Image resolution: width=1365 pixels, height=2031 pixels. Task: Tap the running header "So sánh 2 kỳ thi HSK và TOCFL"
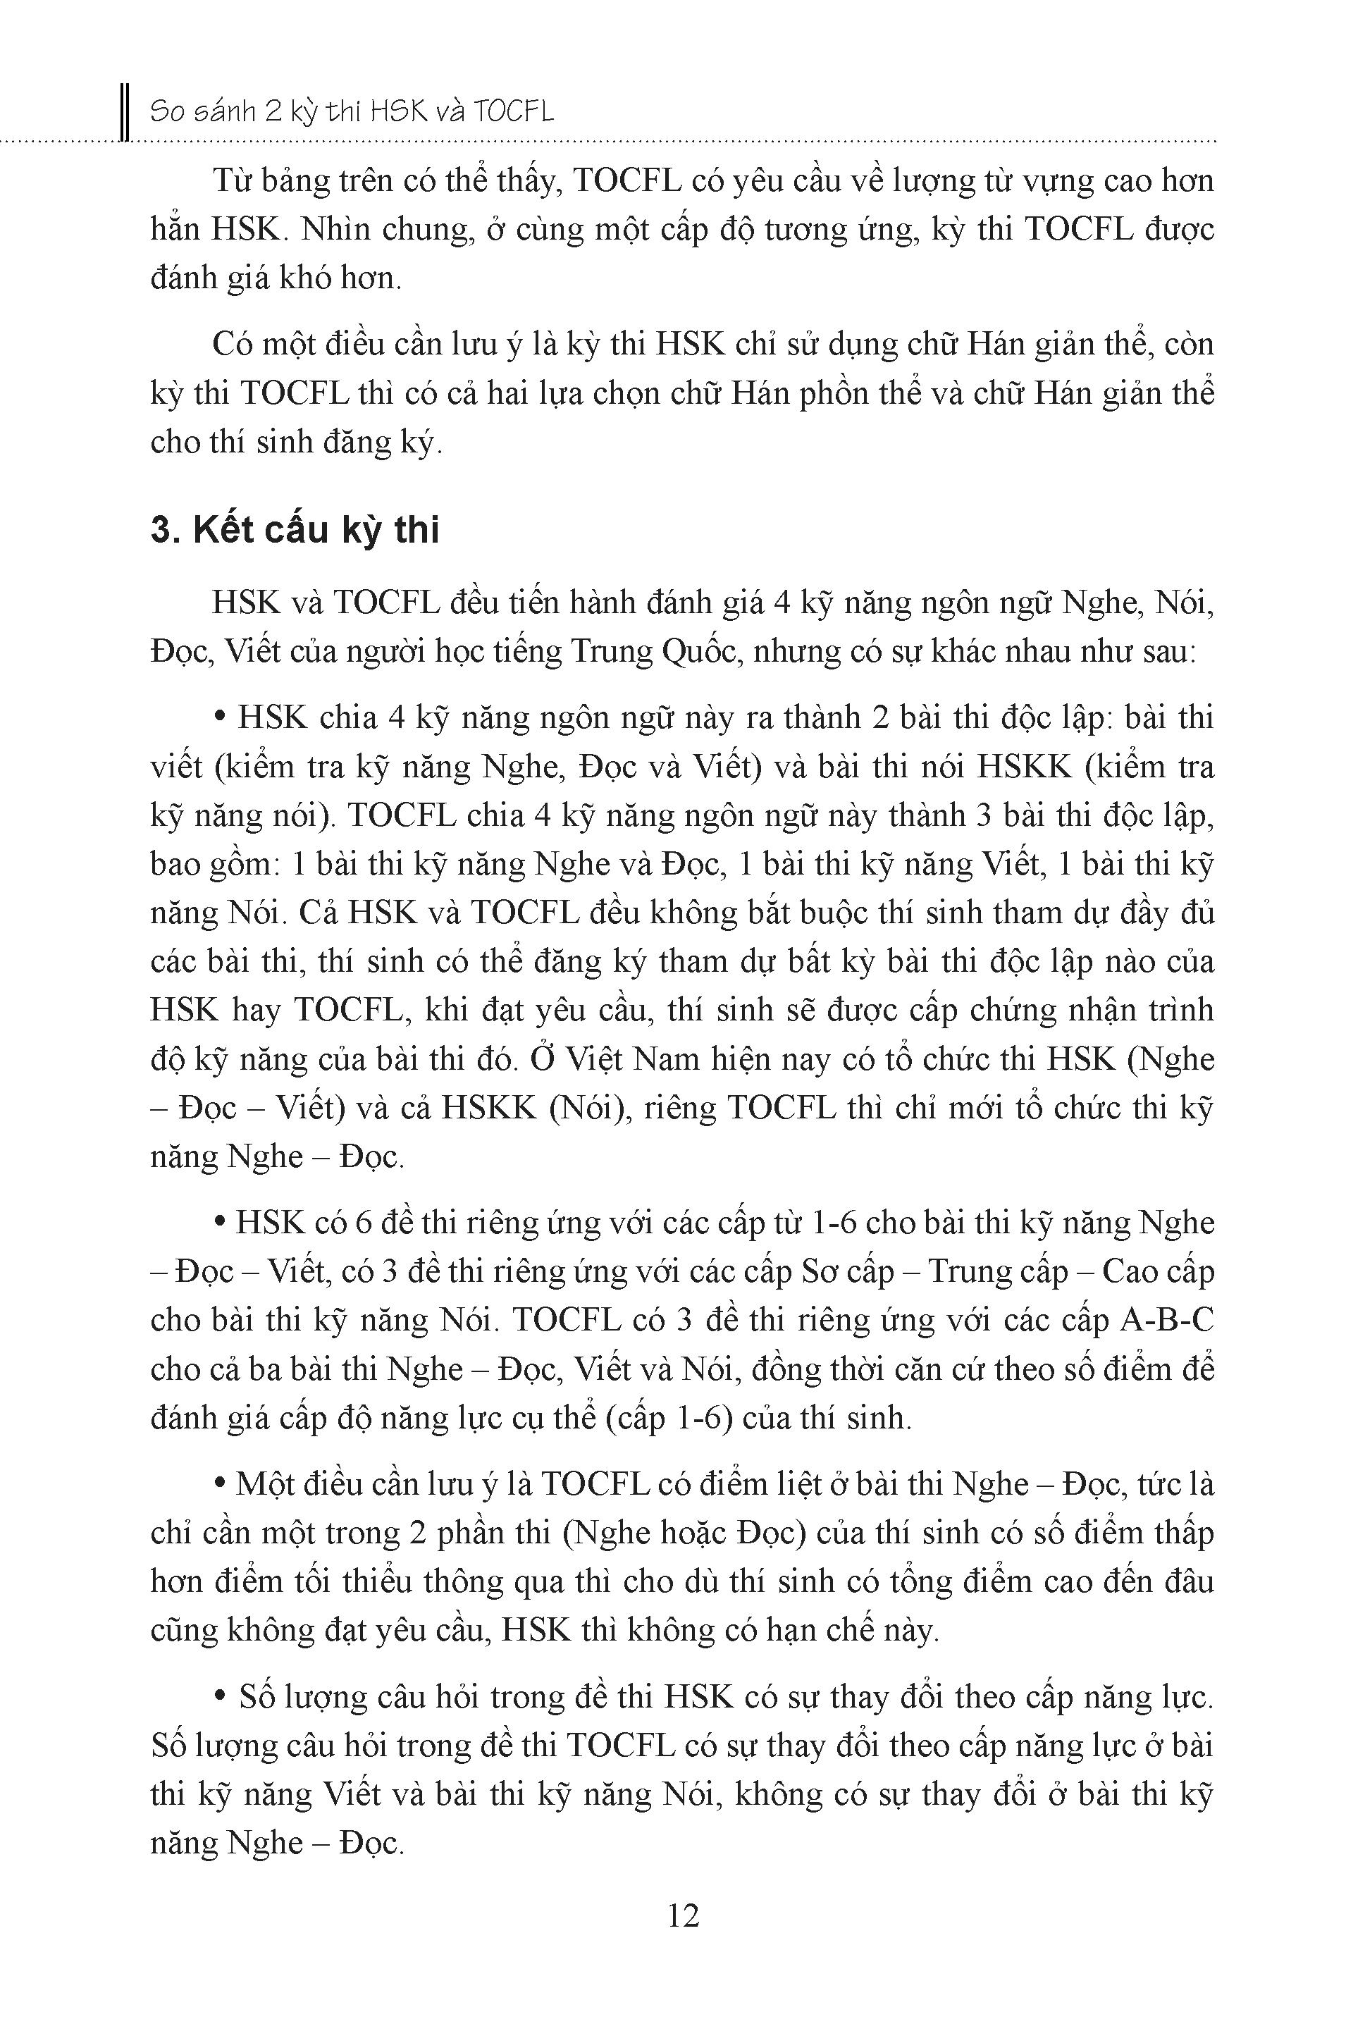(x=352, y=112)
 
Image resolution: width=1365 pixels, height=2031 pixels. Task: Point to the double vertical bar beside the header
(x=125, y=112)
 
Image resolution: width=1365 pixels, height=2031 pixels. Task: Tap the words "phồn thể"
(x=822, y=395)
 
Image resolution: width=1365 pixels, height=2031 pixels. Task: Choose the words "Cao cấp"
(x=1158, y=1272)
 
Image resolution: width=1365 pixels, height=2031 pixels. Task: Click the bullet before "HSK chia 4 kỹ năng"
(x=219, y=718)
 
